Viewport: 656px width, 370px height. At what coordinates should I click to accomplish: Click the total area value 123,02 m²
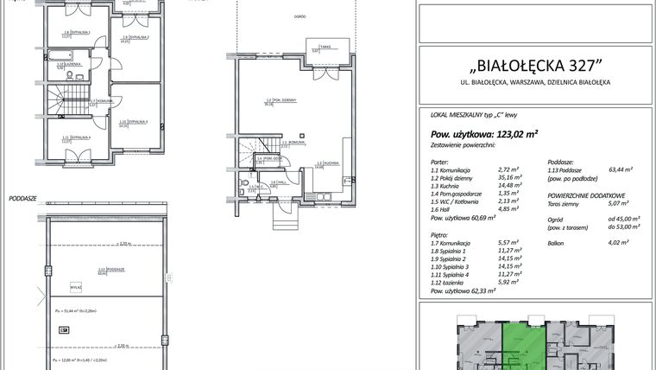point(511,134)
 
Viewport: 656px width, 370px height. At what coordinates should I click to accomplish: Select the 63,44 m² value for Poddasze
point(621,170)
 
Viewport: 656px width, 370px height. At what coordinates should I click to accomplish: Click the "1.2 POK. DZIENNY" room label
point(281,101)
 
